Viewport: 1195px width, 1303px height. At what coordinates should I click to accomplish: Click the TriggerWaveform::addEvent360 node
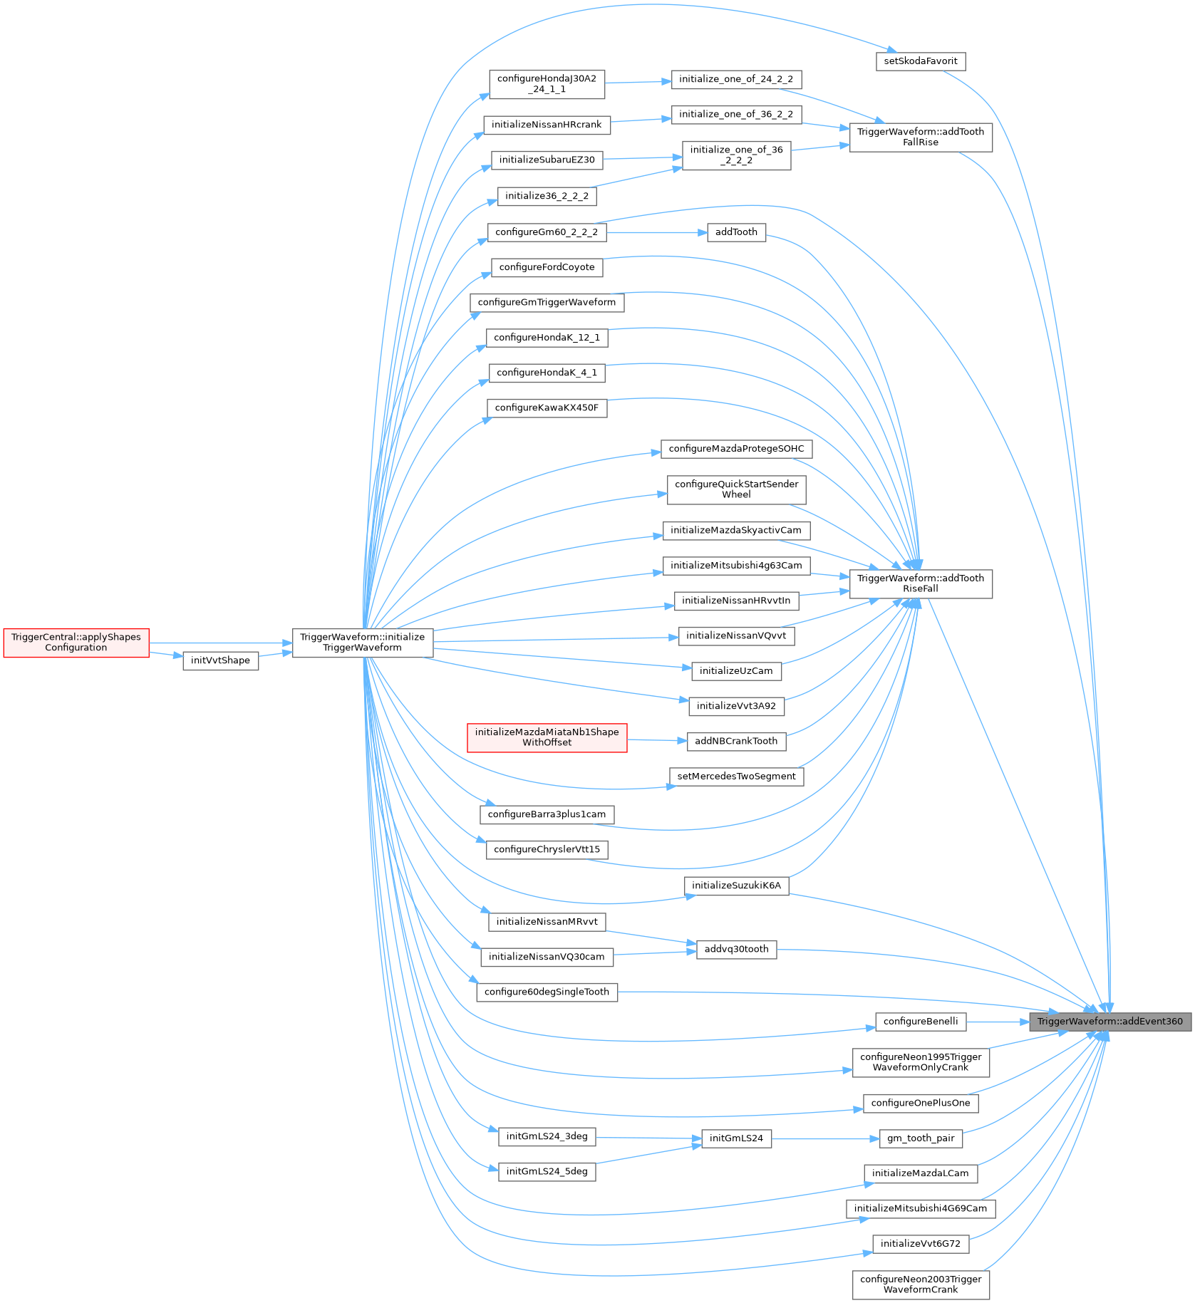[1109, 1021]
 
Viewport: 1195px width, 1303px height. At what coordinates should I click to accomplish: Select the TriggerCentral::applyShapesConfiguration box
[76, 643]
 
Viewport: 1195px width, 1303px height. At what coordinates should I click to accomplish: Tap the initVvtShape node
[220, 660]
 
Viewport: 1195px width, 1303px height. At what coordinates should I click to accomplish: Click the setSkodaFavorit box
[920, 61]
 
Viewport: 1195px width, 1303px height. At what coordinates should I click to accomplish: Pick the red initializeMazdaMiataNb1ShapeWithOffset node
[547, 737]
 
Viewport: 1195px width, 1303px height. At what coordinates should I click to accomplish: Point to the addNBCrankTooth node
[736, 741]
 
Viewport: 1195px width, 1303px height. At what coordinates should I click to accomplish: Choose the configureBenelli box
[920, 1021]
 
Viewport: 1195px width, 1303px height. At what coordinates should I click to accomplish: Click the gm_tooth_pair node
[920, 1138]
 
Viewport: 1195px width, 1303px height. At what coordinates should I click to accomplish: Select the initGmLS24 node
[736, 1138]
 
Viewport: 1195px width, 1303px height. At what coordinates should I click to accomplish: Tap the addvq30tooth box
[736, 949]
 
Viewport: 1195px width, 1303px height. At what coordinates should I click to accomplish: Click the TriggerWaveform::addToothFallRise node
[920, 137]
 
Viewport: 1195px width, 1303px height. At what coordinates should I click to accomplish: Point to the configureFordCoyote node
[547, 267]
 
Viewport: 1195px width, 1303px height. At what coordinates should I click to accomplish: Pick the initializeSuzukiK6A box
[736, 886]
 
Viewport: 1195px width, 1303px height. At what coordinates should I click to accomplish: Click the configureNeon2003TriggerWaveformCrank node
[920, 1284]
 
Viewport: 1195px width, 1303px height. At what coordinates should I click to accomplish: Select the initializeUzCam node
[736, 670]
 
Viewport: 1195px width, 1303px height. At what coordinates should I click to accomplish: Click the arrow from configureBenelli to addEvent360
[998, 1022]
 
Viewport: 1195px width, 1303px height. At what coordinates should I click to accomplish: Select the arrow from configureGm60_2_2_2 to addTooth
[656, 232]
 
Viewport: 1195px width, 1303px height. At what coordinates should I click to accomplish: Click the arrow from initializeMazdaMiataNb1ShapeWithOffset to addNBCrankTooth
[656, 740]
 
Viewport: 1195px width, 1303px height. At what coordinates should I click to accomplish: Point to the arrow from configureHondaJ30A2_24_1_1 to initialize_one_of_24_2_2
[638, 82]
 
